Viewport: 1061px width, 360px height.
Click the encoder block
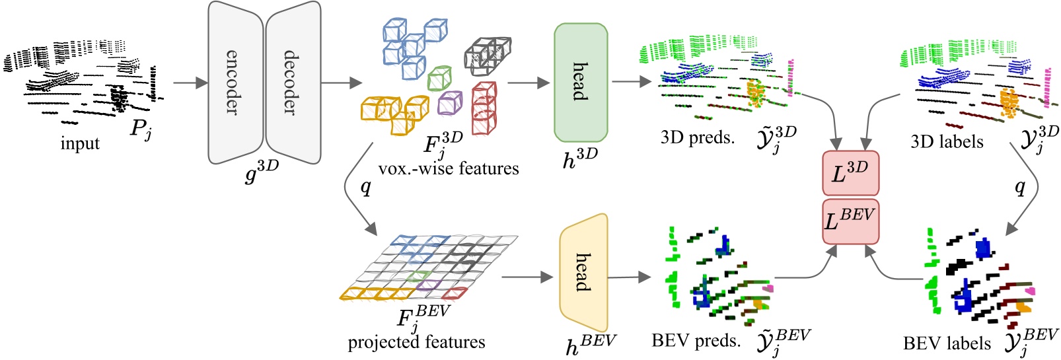(235, 83)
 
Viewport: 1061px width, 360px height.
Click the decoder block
(293, 83)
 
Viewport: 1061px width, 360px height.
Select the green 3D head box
(580, 83)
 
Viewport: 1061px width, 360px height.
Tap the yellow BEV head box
(583, 272)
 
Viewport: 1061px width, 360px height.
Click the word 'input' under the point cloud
(80, 143)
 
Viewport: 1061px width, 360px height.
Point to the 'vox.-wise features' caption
(449, 169)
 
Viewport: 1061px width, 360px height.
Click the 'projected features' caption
(416, 342)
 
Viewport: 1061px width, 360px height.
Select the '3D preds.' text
(698, 137)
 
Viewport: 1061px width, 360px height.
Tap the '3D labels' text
(947, 141)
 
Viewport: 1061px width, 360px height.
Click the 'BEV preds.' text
(696, 341)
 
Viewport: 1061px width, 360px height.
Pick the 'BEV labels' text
(947, 343)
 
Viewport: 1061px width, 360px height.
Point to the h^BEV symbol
(590, 343)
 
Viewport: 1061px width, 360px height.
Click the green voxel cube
(439, 79)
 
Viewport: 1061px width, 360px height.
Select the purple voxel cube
(450, 103)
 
